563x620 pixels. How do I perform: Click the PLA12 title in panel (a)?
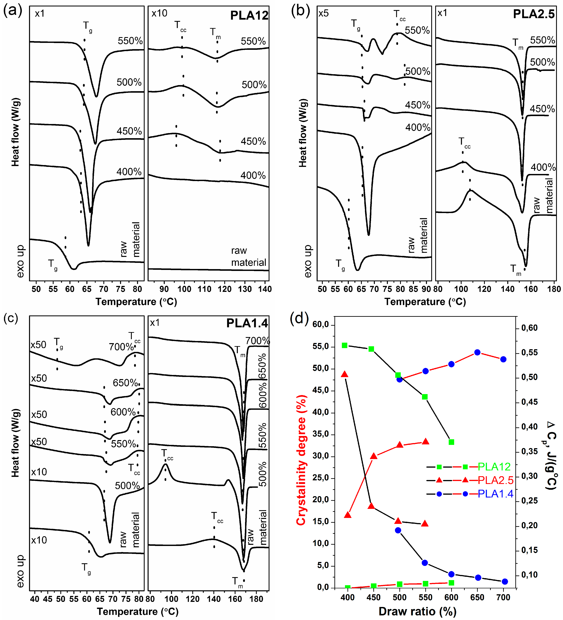point(249,15)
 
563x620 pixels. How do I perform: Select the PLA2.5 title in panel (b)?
point(534,14)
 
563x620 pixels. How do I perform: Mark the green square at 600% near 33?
point(451,442)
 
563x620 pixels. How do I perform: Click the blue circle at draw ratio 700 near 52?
point(503,359)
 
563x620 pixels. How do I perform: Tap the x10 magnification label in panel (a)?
point(159,13)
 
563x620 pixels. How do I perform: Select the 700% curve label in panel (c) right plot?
point(257,341)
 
